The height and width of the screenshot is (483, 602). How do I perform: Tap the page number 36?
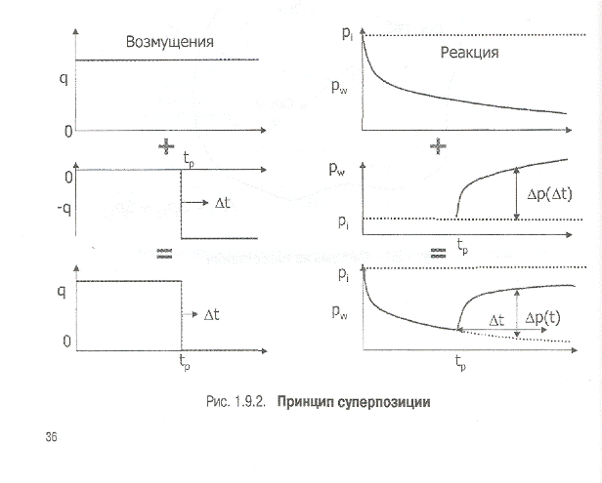pos(51,436)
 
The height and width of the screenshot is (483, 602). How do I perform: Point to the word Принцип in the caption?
pos(305,401)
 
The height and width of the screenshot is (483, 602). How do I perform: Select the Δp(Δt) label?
pos(548,194)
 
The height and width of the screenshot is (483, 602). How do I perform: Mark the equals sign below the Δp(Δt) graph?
pos(438,252)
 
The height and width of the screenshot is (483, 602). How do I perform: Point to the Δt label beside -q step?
pos(224,204)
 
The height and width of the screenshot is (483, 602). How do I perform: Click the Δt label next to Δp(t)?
pos(495,320)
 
